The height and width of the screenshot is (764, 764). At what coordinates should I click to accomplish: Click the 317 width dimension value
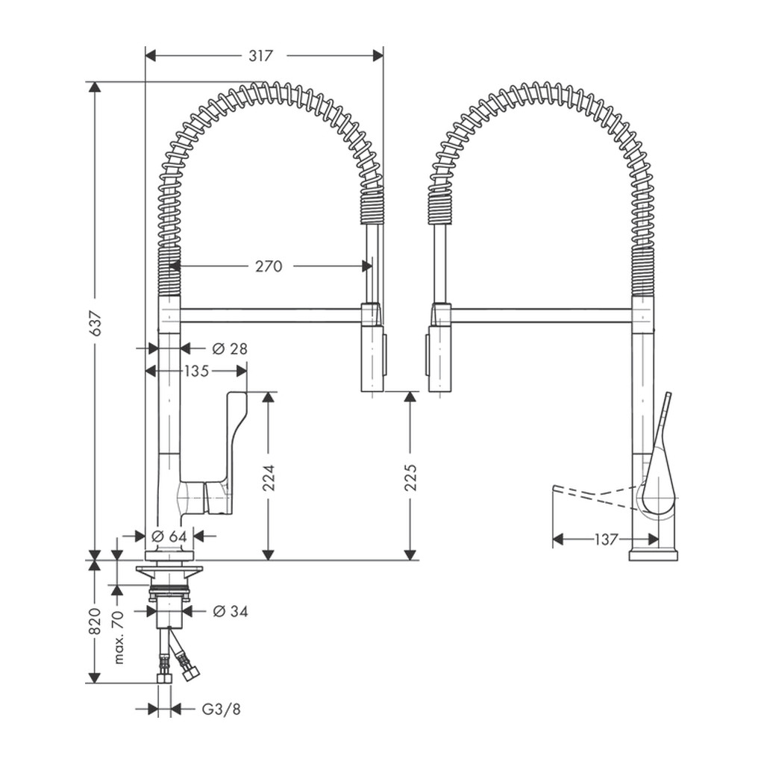pyautogui.click(x=260, y=55)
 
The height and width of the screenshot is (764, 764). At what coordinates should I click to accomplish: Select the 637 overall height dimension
pyautogui.click(x=96, y=322)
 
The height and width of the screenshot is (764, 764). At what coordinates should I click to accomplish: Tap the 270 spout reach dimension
pyautogui.click(x=269, y=266)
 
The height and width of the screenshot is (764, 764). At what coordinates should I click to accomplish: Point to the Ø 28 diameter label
pyautogui.click(x=230, y=348)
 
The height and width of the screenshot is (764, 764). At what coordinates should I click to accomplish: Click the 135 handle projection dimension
pyautogui.click(x=196, y=372)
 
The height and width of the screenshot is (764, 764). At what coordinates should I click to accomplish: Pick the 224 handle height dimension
pyautogui.click(x=269, y=477)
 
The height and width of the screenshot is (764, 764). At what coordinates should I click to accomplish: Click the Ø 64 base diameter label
pyautogui.click(x=169, y=536)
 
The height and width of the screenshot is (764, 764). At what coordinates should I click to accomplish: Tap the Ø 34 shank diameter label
pyautogui.click(x=231, y=611)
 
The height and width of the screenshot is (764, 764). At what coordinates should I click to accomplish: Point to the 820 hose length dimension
pyautogui.click(x=95, y=621)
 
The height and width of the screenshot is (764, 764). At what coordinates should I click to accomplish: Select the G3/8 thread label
pyautogui.click(x=221, y=709)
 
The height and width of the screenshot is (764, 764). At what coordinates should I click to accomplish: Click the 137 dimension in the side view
pyautogui.click(x=606, y=539)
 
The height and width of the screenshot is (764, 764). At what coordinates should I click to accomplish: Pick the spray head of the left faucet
pyautogui.click(x=373, y=347)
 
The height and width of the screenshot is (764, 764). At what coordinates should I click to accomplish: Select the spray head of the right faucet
pyautogui.click(x=439, y=347)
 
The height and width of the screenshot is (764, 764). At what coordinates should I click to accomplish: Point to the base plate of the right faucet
pyautogui.click(x=654, y=555)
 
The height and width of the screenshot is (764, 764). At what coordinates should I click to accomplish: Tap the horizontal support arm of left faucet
pyautogui.click(x=270, y=315)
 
